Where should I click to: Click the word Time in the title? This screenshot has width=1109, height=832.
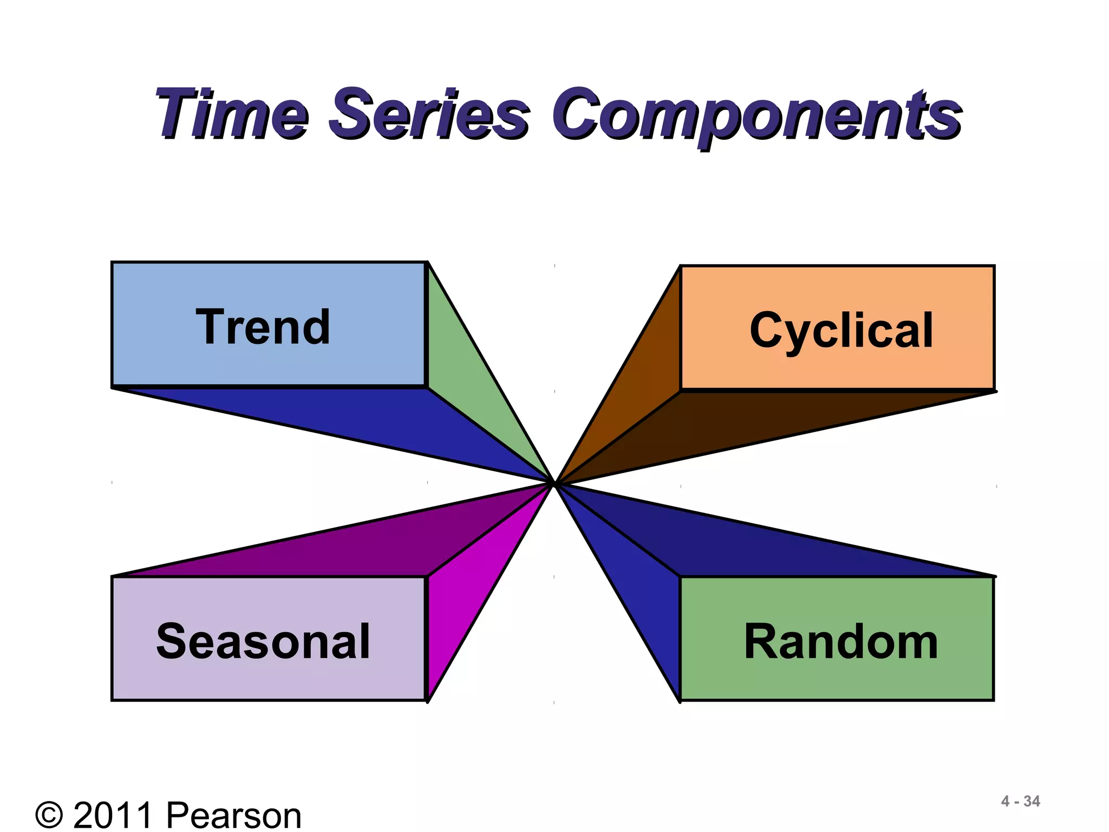233,114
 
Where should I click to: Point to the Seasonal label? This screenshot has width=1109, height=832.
263,641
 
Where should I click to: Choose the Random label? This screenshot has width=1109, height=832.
840,642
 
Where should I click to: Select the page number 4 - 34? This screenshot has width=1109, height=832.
1020,801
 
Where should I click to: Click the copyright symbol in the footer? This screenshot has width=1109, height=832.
49,816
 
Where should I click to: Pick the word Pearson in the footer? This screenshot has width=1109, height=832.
233,816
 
